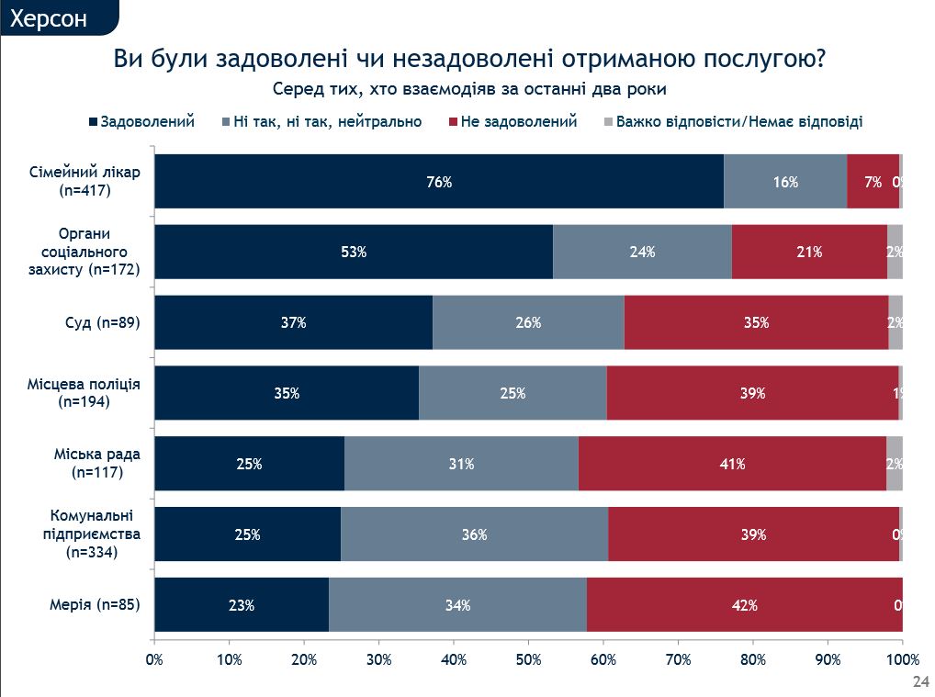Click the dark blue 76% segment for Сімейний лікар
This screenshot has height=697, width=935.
click(439, 182)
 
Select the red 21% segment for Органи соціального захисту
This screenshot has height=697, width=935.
click(809, 252)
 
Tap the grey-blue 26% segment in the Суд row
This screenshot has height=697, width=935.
click(528, 322)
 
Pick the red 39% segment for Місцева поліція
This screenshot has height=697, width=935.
click(752, 393)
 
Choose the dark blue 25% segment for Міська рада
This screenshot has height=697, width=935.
click(249, 464)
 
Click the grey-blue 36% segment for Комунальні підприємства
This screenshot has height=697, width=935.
click(474, 534)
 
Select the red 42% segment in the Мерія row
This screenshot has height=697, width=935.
click(744, 605)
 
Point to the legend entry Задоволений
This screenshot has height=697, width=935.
click(147, 121)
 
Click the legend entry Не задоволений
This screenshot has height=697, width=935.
click(519, 121)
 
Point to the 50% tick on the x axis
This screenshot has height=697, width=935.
click(528, 658)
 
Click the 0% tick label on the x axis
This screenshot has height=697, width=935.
click(154, 658)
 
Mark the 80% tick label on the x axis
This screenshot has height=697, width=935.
click(753, 658)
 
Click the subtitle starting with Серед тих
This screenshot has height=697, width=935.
click(468, 89)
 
